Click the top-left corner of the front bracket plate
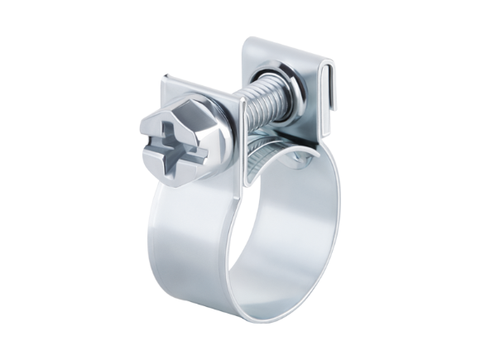[165, 77]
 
